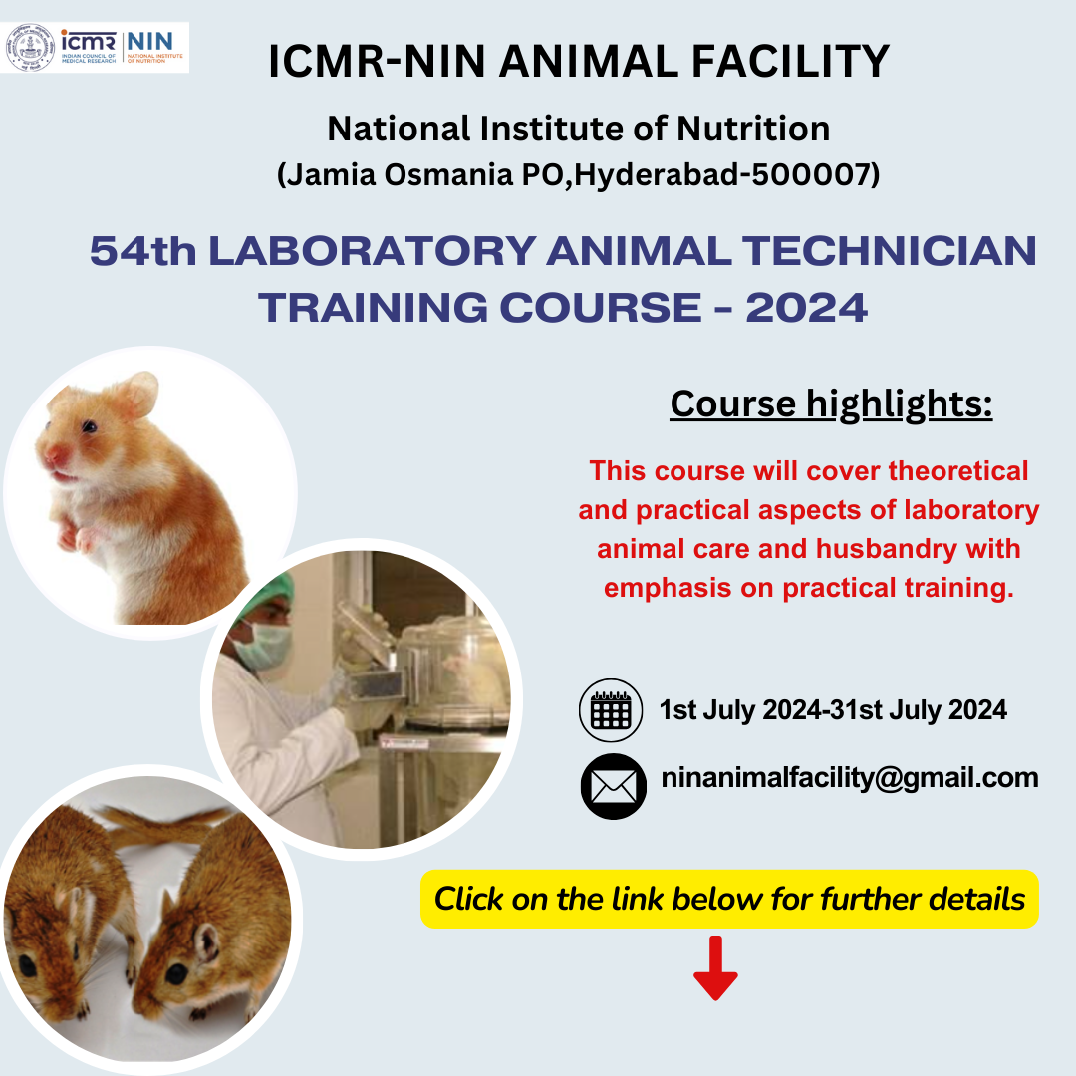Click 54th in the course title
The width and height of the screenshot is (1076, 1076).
click(143, 252)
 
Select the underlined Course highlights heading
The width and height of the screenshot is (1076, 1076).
click(831, 404)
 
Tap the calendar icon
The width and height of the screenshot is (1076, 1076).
click(611, 710)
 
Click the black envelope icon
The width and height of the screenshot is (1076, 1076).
click(613, 786)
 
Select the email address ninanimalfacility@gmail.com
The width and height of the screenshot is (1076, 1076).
click(850, 777)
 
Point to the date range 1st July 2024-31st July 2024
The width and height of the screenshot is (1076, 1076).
click(833, 710)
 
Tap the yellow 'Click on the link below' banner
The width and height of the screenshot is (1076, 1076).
click(729, 900)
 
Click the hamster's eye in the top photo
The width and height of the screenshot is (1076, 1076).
click(90, 426)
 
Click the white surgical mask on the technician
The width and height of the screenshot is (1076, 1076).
click(262, 645)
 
